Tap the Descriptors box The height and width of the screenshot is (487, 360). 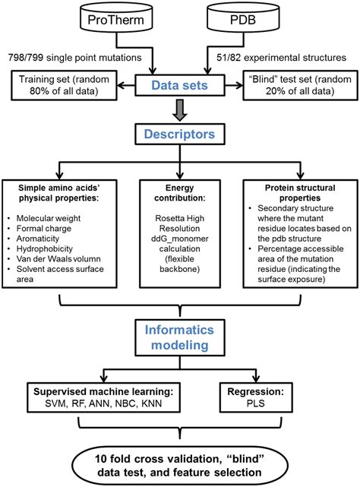[180, 134]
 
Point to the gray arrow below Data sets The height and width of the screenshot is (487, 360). [180, 110]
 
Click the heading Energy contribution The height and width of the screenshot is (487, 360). [179, 194]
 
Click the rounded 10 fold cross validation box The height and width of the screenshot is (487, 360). [180, 459]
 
